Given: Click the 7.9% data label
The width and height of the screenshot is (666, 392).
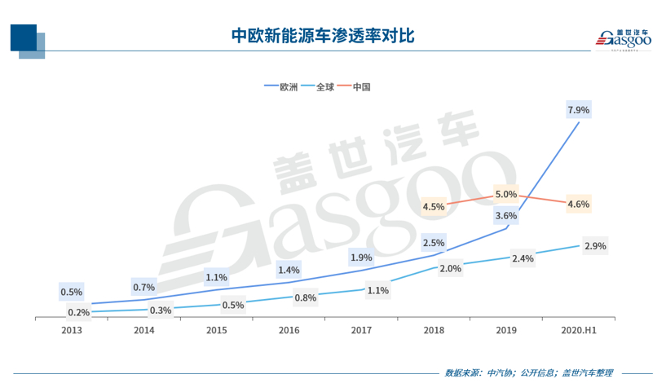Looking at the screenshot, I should coord(578,109).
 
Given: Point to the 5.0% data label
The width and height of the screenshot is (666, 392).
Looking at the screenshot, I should coord(505,195).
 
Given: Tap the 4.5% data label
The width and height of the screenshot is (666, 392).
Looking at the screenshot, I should coord(434,206).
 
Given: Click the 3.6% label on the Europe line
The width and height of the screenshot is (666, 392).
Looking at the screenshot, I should coord(505,216).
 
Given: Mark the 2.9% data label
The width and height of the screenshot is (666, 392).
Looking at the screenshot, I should coord(595,245).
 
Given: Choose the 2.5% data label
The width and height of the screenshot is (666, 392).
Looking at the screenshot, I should coord(434,243).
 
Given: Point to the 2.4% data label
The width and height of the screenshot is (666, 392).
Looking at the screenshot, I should coord(523,258).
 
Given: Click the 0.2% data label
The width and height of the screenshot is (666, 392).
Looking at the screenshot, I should coord(78,312).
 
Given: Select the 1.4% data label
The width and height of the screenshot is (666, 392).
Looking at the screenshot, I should coord(289,270).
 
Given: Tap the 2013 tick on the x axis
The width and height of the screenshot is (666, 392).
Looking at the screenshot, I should coord(71,330).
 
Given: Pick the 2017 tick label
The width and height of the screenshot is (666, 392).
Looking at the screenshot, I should coord(360,330).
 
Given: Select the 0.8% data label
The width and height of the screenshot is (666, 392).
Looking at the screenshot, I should coord(305,297).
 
